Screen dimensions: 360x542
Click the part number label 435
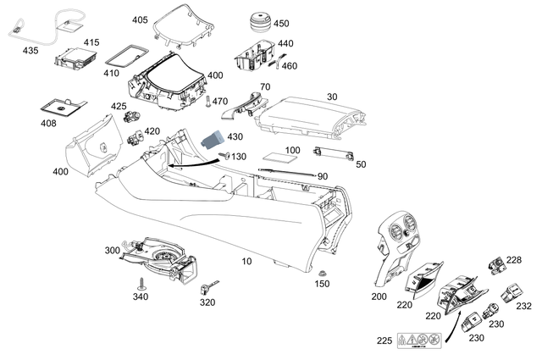pos(30,51)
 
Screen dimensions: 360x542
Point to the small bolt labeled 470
pos(207,102)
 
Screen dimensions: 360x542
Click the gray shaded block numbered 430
pos(213,140)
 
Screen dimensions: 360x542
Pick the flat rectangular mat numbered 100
pos(279,158)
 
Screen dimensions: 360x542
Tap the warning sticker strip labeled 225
pos(420,341)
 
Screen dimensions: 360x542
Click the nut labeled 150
pos(323,272)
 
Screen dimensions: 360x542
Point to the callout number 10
pos(246,262)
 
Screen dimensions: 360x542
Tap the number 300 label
pos(113,251)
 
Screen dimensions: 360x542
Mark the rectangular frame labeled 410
pos(124,57)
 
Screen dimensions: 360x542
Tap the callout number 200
pos(378,296)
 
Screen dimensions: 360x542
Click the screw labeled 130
pos(226,155)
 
